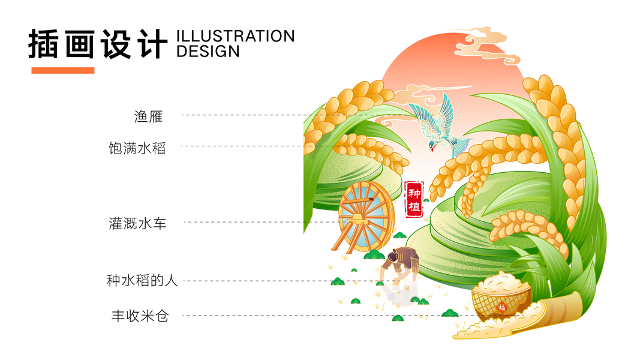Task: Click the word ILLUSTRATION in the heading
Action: (235, 36)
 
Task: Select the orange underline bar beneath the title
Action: (62, 70)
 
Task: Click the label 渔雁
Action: (148, 115)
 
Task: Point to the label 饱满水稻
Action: (137, 148)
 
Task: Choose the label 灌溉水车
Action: (137, 224)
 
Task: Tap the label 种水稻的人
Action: (142, 280)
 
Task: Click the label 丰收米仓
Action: (140, 316)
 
